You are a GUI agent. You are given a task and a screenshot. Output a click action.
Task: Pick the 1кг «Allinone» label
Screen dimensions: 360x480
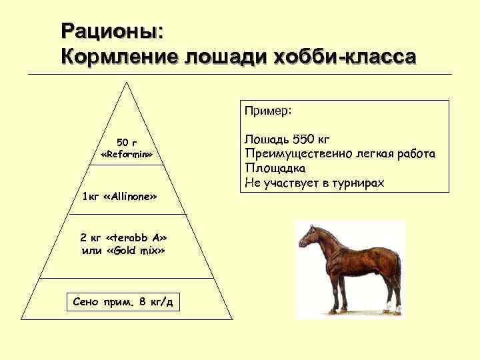coord(119,198)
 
